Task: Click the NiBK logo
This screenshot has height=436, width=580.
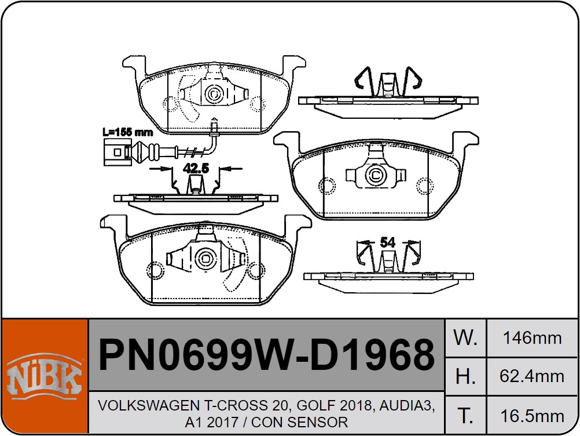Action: pyautogui.click(x=45, y=375)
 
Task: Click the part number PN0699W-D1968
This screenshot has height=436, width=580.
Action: pyautogui.click(x=266, y=354)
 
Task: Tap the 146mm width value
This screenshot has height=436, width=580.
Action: pyautogui.click(x=533, y=338)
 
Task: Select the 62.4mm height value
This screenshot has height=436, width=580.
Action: pyautogui.click(x=532, y=376)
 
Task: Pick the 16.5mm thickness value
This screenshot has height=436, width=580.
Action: pyautogui.click(x=533, y=416)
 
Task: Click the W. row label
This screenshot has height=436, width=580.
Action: pyautogui.click(x=465, y=337)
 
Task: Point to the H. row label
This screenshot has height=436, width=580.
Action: pyautogui.click(x=465, y=376)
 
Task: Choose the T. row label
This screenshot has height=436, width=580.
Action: pyautogui.click(x=465, y=416)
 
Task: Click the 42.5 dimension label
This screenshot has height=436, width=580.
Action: pyautogui.click(x=196, y=169)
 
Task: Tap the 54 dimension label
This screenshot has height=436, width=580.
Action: pyautogui.click(x=388, y=242)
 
